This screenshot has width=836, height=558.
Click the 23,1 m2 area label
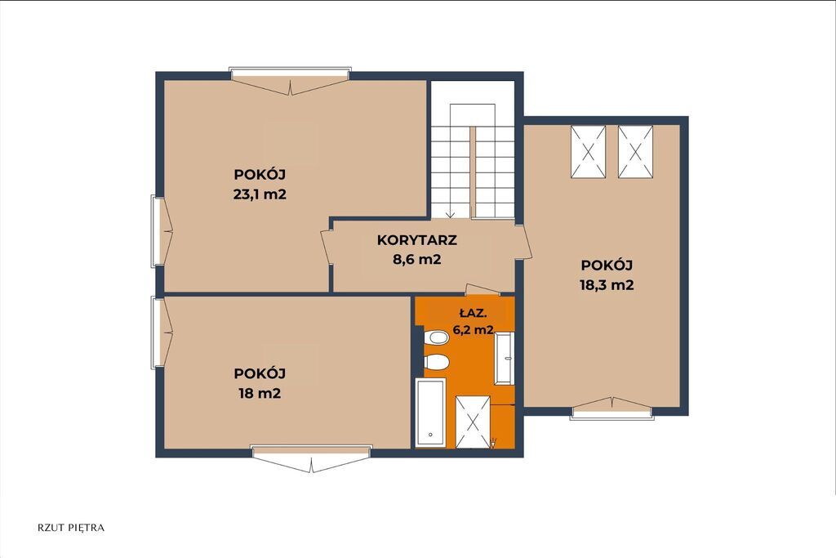click(x=260, y=194)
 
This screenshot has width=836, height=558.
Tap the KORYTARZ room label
click(x=417, y=240)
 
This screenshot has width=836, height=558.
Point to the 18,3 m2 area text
click(x=607, y=285)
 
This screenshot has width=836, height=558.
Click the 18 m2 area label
click(x=260, y=394)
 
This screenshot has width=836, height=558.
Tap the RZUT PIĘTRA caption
click(x=72, y=528)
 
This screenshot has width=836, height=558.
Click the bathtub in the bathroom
click(x=430, y=413)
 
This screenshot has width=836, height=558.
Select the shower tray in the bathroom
click(x=473, y=422)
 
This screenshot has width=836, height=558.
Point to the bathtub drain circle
click(x=430, y=435)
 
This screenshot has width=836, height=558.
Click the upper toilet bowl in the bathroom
click(x=437, y=338)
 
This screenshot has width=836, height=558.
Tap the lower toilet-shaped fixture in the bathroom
click(x=437, y=362)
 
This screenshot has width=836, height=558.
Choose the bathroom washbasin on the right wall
click(x=504, y=358)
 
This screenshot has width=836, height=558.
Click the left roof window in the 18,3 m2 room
click(x=588, y=151)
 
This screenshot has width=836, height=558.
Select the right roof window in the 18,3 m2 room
click(x=635, y=151)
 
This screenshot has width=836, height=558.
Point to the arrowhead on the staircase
click(x=450, y=214)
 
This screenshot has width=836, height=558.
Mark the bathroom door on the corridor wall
click(x=482, y=290)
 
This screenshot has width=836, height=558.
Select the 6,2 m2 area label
click(x=473, y=330)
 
